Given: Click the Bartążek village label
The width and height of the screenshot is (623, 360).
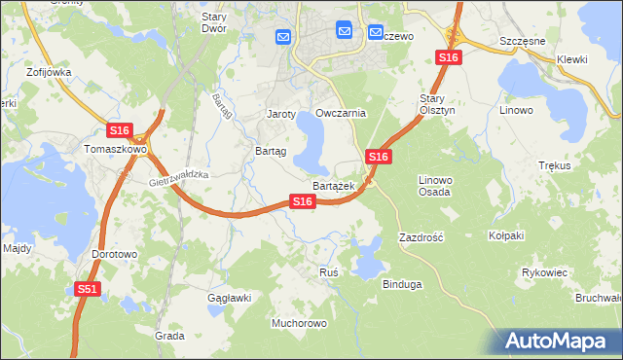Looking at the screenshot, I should pyautogui.click(x=333, y=185).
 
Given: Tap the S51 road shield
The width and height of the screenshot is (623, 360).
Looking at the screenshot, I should pyautogui.click(x=88, y=289).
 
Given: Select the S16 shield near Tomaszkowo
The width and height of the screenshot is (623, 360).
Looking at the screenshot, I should pyautogui.click(x=119, y=130).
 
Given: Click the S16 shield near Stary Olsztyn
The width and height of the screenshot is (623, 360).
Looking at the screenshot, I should pyautogui.click(x=379, y=157).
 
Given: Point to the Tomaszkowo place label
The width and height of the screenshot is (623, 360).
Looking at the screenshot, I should pyautogui.click(x=114, y=150).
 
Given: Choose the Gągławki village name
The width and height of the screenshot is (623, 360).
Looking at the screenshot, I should pyautogui.click(x=230, y=298).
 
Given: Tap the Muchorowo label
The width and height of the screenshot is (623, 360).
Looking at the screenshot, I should pyautogui.click(x=299, y=322).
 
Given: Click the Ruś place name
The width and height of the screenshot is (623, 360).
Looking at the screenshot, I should pyautogui.click(x=328, y=272).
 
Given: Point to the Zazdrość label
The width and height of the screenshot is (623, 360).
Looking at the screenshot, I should pyautogui.click(x=421, y=237).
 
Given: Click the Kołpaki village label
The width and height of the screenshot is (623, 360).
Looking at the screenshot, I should pyautogui.click(x=506, y=235).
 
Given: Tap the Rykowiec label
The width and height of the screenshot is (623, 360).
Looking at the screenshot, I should pyautogui.click(x=544, y=272).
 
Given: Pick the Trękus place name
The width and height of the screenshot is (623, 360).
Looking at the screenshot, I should pyautogui.click(x=554, y=166).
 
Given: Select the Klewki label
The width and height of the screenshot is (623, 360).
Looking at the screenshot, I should pyautogui.click(x=572, y=59).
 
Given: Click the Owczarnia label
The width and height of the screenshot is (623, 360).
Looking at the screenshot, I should pyautogui.click(x=341, y=113).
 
